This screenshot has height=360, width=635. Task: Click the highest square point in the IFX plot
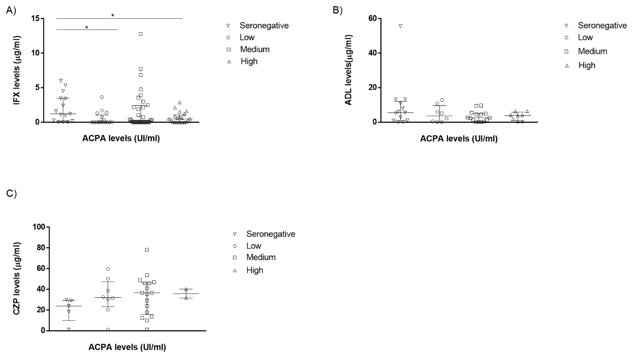141,34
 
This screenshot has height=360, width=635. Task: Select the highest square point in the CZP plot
147,250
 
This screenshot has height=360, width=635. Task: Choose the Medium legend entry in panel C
261,257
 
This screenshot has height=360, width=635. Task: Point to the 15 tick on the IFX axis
35,18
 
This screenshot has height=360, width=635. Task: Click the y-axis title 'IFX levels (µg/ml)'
17,70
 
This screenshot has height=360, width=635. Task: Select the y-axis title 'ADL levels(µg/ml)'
348,70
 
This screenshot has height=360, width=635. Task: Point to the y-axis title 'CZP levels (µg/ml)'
17,279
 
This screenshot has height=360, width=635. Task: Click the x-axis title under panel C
127,348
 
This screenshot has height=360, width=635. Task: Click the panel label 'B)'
338,10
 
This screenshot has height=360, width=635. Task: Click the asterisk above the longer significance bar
113,15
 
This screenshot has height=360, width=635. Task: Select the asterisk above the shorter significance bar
87,27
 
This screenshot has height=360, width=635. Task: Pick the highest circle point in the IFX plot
102,97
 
